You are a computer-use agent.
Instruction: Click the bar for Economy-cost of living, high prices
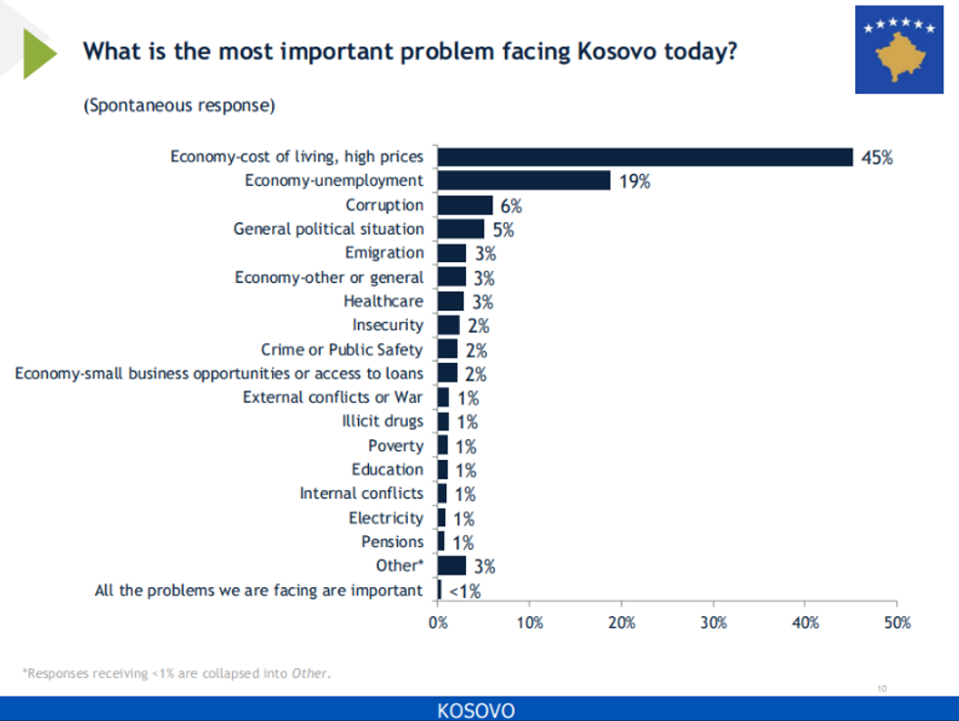pos(646,157)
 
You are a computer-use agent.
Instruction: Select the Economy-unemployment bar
pos(524,181)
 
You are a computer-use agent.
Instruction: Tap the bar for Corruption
pos(465,204)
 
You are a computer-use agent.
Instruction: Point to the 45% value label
pos(877,158)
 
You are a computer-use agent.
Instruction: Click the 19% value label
pos(634,182)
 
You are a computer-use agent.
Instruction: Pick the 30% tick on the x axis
pos(713,622)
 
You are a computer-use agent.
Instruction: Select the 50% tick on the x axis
pos(896,622)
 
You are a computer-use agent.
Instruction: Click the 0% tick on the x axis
pos(438,622)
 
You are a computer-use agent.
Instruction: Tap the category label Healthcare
pos(384,301)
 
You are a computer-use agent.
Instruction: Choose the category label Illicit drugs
pos(383,422)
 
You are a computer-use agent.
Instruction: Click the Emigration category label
pos(385,252)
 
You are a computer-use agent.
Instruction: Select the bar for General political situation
pos(461,229)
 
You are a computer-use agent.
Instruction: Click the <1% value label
pos(464,591)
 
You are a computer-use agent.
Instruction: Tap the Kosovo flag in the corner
pos(899,49)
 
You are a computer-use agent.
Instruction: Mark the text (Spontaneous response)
pos(179,106)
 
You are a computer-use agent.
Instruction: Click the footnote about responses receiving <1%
pos(177,673)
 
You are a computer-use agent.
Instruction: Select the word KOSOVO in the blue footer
pos(477,709)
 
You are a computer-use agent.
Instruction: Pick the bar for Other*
pos(451,565)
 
